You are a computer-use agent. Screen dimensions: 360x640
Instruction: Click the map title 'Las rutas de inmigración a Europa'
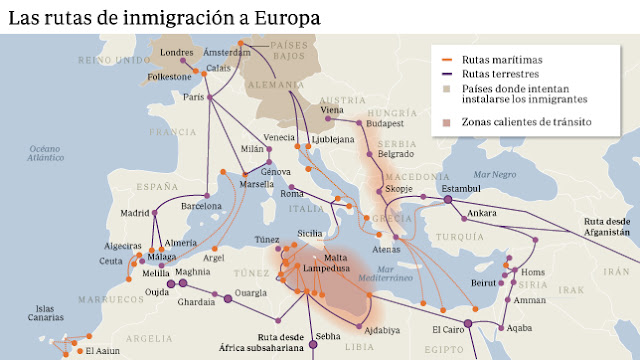tap(165, 18)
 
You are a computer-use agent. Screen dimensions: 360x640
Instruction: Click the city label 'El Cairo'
tap(449, 328)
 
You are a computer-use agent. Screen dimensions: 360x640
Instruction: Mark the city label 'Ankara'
tap(482, 213)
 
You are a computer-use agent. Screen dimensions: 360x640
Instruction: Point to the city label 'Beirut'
tap(484, 283)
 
